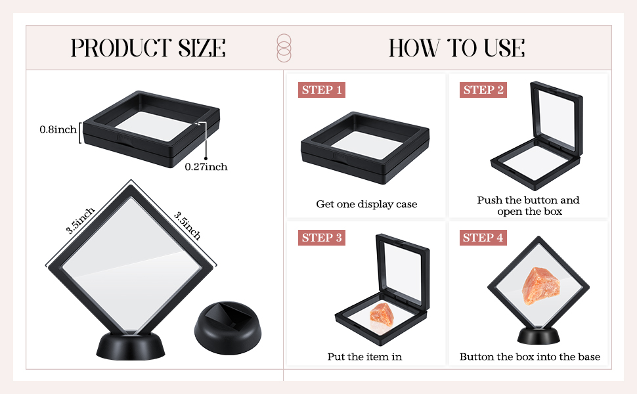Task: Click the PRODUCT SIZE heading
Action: [x=148, y=48]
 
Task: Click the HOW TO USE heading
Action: [x=456, y=48]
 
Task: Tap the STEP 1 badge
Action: [x=322, y=90]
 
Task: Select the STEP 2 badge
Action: [x=484, y=90]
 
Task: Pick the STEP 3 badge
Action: [x=322, y=238]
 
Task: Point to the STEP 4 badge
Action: [x=484, y=238]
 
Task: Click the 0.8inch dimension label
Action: [x=58, y=130]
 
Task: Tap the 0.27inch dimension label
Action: [x=206, y=167]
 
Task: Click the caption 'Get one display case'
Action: [x=366, y=204]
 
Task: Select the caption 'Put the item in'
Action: [x=364, y=357]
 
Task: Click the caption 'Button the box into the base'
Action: [x=529, y=357]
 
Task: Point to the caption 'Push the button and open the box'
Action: [x=528, y=206]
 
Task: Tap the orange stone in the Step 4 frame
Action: [x=538, y=286]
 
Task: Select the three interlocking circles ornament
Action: [x=284, y=48]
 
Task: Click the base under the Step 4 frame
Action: [x=538, y=336]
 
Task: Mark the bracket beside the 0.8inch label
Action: [x=80, y=132]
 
